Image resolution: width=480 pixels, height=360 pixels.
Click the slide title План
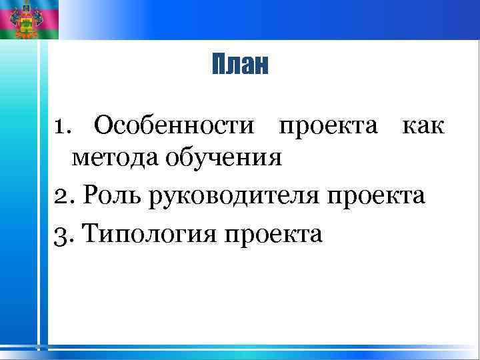pos(240,65)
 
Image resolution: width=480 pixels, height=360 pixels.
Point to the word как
pos(421,125)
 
